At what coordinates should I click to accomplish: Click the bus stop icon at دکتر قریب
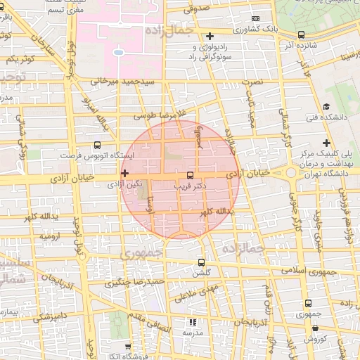point(190,175)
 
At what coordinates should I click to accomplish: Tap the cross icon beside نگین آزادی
point(124,173)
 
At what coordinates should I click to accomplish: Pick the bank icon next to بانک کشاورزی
point(255,18)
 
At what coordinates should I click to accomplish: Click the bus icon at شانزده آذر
point(302,34)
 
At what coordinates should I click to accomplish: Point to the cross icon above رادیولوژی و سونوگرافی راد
point(210,36)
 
